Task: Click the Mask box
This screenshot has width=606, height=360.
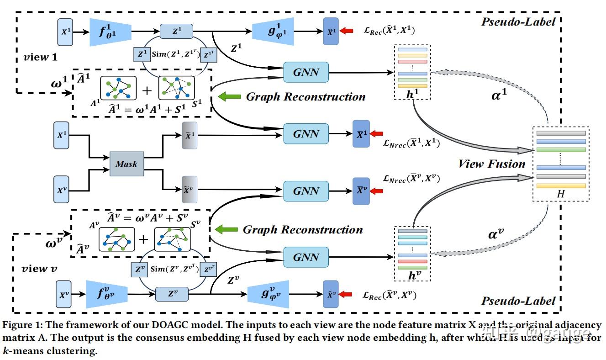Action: pyautogui.click(x=126, y=164)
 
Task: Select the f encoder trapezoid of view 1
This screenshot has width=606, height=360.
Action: pyautogui.click(x=110, y=32)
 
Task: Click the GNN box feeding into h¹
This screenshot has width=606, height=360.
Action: pyautogui.click(x=306, y=72)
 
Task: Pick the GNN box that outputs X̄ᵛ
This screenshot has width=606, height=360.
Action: pyautogui.click(x=306, y=191)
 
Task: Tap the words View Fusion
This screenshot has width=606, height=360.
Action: pyautogui.click(x=491, y=164)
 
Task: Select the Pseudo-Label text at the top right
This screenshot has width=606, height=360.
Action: pyautogui.click(x=519, y=21)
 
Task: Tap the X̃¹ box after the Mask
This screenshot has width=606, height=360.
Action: pyautogui.click(x=189, y=136)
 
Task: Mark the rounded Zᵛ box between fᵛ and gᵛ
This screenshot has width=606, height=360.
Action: pyautogui.click(x=172, y=294)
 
